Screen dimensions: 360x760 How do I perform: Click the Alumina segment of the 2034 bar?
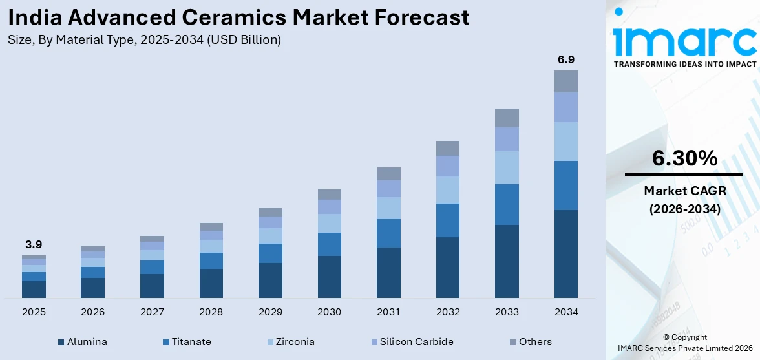click(565, 253)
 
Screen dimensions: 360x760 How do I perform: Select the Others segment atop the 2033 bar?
click(507, 118)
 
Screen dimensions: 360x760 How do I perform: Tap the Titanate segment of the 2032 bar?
click(447, 220)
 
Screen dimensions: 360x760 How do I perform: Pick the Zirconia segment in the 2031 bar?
click(388, 208)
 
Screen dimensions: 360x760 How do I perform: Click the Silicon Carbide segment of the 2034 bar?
click(565, 107)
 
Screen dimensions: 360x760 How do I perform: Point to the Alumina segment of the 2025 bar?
click(34, 290)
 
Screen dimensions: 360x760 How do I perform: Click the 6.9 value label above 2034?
click(565, 59)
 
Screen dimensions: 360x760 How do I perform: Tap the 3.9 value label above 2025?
click(34, 244)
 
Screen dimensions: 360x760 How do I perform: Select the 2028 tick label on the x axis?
click(211, 312)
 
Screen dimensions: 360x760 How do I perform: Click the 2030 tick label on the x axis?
click(329, 312)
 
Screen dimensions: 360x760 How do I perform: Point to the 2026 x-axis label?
click(92, 312)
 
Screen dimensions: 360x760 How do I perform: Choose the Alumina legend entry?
click(87, 342)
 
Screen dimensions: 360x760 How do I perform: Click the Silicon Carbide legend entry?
click(416, 342)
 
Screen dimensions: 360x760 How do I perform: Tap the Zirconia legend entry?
click(294, 342)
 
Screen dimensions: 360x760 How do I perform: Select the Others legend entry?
click(535, 342)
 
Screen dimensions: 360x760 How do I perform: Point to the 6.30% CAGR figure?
click(684, 158)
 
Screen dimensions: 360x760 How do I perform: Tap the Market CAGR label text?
click(684, 191)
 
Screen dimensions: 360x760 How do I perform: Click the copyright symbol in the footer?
click(667, 337)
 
